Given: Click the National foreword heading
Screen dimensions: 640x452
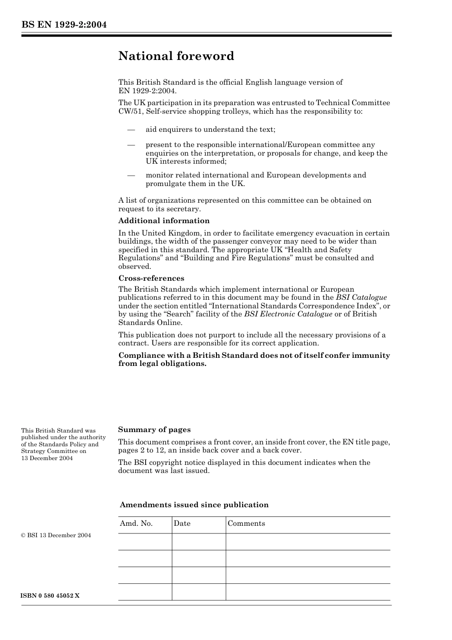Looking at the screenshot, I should (x=176, y=56).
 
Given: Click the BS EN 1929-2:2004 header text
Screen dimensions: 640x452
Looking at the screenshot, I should (x=64, y=25).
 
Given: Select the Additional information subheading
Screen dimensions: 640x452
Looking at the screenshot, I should (x=164, y=221).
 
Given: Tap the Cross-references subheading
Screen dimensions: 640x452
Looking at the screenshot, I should (x=151, y=278).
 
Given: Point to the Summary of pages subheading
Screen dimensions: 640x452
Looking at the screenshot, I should (x=154, y=430).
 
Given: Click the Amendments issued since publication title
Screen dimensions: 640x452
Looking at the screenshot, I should (x=194, y=505).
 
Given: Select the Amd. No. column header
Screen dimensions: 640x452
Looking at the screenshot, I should (x=136, y=523).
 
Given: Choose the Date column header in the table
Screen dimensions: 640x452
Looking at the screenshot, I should (x=182, y=523).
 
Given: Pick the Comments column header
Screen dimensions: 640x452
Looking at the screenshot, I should (x=246, y=523).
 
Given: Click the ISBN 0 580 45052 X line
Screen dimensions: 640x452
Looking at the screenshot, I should (x=50, y=596).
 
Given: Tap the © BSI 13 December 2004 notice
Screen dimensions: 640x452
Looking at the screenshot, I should (x=56, y=535).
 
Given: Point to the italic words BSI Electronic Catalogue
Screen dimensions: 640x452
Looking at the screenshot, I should (x=288, y=314).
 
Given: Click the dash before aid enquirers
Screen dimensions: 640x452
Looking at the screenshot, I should (x=131, y=130).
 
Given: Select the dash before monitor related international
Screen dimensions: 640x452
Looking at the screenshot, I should (x=131, y=176).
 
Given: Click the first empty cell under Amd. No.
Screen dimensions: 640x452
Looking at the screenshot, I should (x=145, y=542).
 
